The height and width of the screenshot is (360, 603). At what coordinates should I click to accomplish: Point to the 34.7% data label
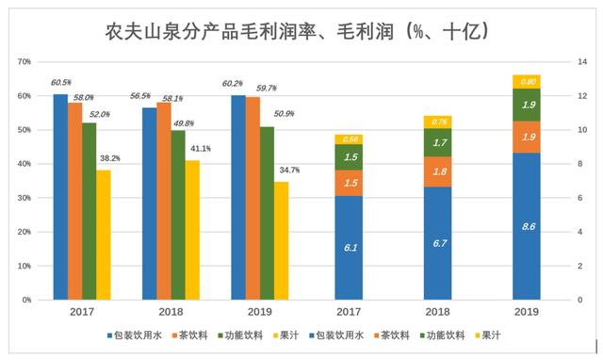(289, 170)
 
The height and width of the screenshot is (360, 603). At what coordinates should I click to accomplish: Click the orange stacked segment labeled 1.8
(438, 172)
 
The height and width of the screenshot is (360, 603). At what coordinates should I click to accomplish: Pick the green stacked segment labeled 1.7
(438, 142)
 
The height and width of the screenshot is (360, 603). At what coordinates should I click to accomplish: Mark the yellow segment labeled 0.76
(438, 122)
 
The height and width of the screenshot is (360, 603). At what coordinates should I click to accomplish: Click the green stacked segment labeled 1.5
(349, 156)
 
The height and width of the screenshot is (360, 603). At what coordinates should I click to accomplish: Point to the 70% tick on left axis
(25, 62)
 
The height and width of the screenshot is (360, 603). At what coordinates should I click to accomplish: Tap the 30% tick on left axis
(25, 198)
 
